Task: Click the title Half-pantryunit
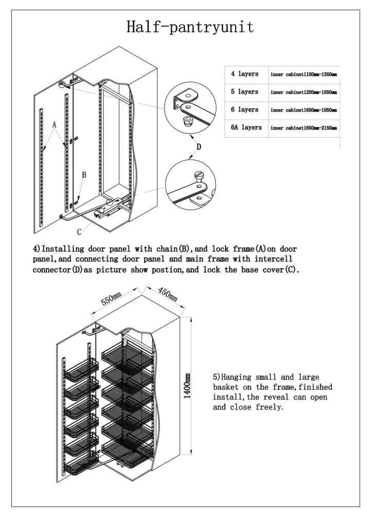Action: click(x=190, y=28)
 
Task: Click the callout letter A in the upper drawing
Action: click(x=54, y=125)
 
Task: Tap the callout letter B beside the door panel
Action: click(x=84, y=175)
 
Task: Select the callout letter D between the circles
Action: click(x=198, y=147)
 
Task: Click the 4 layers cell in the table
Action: click(x=245, y=74)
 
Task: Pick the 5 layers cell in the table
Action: click(x=245, y=92)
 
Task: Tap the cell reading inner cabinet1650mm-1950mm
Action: click(x=303, y=110)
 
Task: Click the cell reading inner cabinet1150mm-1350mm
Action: click(x=303, y=74)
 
